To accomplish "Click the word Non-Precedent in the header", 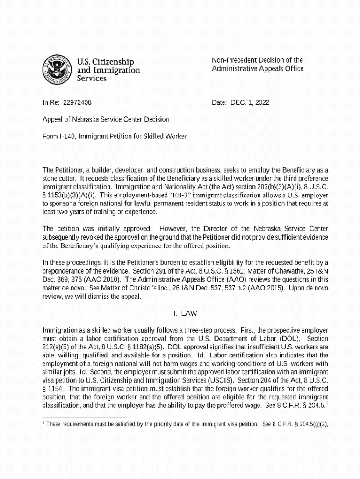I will pyautogui.click(x=231, y=60).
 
